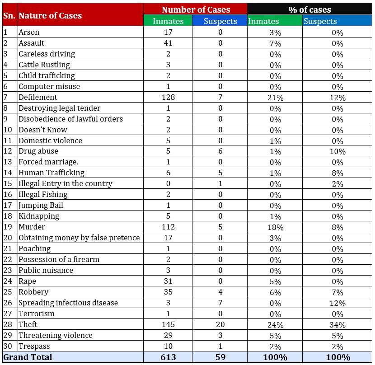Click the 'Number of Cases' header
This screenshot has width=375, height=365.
[196, 9]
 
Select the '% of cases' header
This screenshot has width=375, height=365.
[309, 9]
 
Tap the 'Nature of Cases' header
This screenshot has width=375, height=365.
[50, 15]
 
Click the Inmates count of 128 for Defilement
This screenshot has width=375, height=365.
[168, 97]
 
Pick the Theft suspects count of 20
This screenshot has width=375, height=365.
[220, 324]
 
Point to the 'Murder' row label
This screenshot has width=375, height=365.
[32, 227]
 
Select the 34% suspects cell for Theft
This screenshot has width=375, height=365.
[337, 325]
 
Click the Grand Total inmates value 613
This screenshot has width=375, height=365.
[168, 357]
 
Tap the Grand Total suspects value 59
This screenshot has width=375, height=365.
[220, 357]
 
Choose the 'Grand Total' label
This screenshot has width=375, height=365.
[28, 357]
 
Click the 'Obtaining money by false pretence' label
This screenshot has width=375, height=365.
[79, 238]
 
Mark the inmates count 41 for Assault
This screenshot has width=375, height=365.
[168, 43]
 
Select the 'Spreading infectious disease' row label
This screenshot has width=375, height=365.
[68, 303]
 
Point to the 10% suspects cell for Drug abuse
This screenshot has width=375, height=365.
[337, 151]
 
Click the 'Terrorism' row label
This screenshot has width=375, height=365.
[36, 314]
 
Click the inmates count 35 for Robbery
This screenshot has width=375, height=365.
[168, 292]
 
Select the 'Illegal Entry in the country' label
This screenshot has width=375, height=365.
[66, 183]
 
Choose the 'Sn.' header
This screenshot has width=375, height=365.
[9, 15]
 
